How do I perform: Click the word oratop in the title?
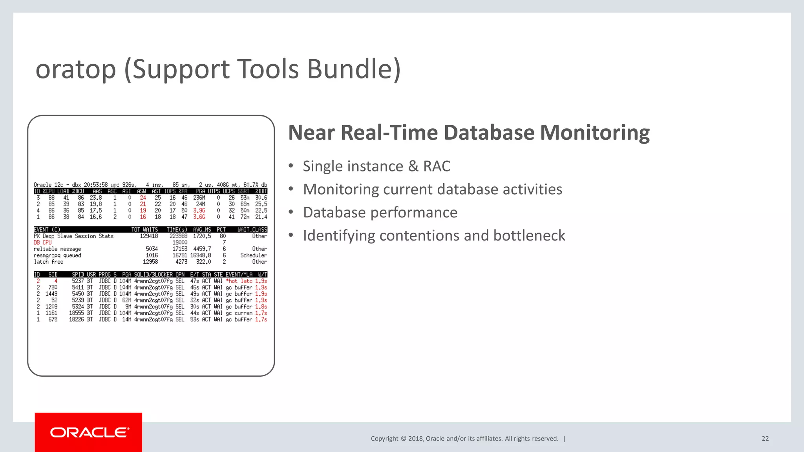coord(76,69)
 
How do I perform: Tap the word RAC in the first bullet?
coord(437,166)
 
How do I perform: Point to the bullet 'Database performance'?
coord(380,213)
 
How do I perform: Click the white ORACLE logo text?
coord(90,432)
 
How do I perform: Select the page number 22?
coord(765,439)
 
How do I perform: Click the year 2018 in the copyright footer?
coord(415,439)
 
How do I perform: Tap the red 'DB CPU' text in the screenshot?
coord(42,242)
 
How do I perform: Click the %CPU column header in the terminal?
coord(49,191)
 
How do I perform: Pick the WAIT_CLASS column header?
coord(252,230)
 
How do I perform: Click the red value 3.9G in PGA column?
coord(199,210)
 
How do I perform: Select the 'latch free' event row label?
coord(48,262)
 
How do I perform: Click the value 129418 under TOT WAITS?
coord(149,236)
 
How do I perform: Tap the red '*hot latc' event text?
coord(239,281)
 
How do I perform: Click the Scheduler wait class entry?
coord(254,255)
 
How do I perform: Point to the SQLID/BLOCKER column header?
coord(153,275)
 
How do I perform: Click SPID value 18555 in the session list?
coord(77,313)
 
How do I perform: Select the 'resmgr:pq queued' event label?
coord(57,255)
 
